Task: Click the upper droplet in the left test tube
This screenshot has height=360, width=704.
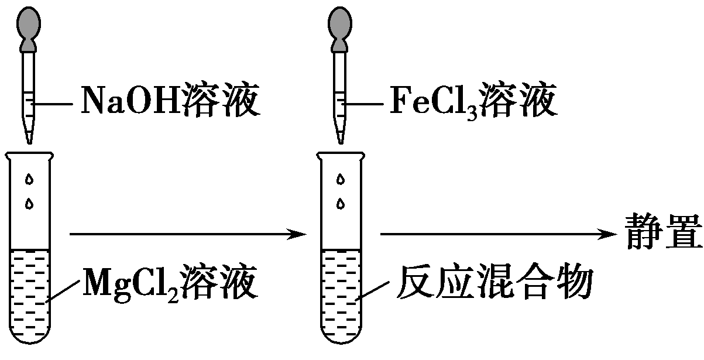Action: coord(29,180)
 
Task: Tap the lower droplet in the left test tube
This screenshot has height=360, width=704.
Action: coord(29,204)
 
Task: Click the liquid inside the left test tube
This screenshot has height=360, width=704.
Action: coord(29,293)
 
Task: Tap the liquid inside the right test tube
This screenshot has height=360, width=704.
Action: coord(341,293)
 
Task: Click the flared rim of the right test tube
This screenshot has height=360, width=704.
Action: coord(341,155)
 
